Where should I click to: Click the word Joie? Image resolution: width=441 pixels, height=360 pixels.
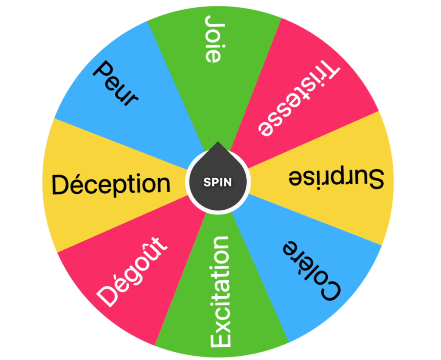pyautogui.click(x=212, y=40)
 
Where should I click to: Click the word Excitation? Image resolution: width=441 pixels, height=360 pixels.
pyautogui.click(x=220, y=292)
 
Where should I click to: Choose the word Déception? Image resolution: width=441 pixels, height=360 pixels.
pyautogui.click(x=111, y=184)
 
